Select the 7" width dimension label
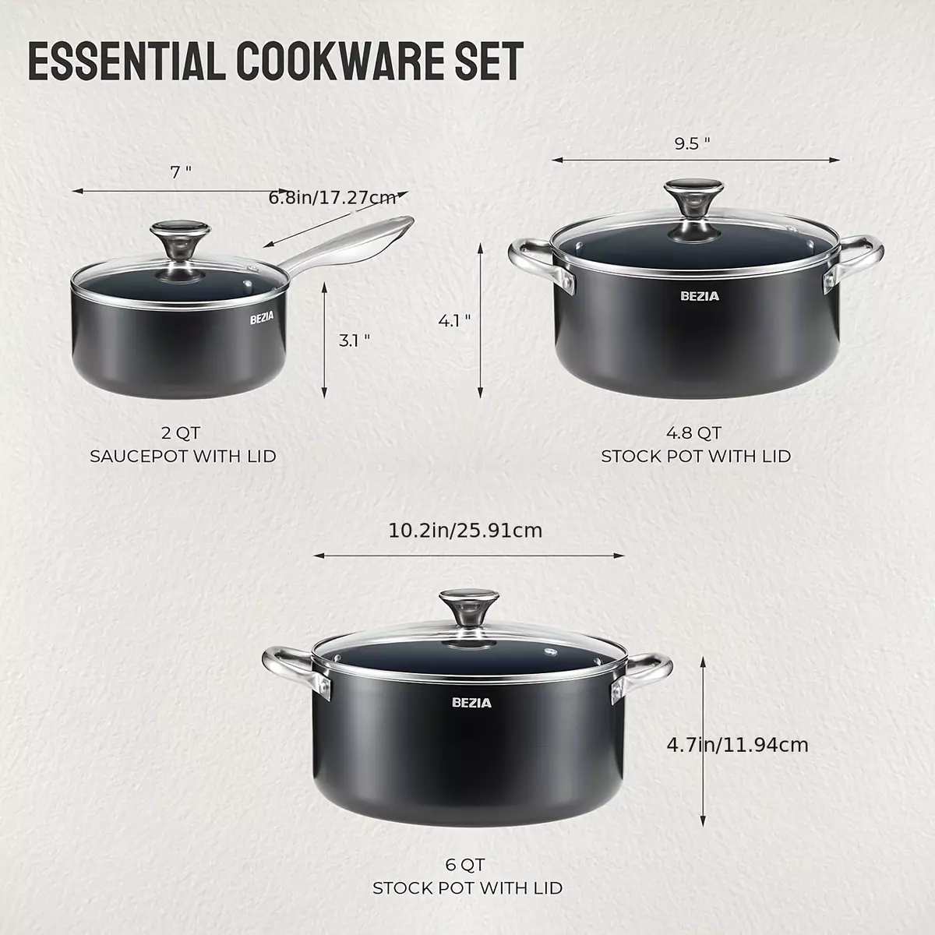181,171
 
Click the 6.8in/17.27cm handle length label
333,198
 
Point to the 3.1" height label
355,340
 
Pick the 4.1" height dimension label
454,321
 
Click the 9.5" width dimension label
692,143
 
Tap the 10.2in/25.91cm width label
465,531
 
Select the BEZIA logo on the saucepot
262,319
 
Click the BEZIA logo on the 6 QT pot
471,703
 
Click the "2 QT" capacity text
181,432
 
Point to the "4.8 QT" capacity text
694,432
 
